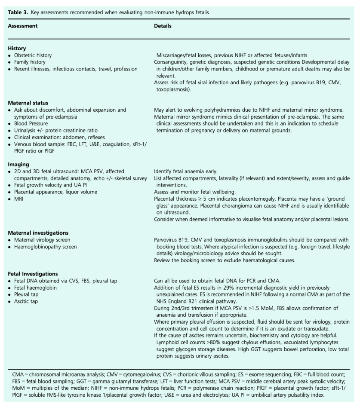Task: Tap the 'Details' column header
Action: [x=163, y=26]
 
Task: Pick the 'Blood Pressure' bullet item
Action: [x=33, y=122]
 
